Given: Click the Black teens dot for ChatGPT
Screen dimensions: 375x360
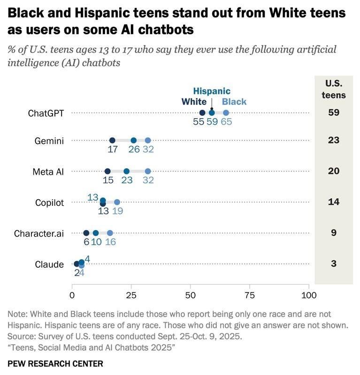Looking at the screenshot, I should coord(226,113).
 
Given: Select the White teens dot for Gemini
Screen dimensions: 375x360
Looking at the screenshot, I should coord(112,140).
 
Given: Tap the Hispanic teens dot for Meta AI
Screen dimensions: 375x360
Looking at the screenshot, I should coord(126,172).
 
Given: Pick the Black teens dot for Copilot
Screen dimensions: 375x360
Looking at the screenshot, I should coord(117,202).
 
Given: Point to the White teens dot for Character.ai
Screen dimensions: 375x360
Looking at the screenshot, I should coord(86,233).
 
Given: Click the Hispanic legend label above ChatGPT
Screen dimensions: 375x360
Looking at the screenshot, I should coord(212,91).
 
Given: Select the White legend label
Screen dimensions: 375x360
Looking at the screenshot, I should coord(194,102).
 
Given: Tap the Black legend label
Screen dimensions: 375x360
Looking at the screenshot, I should coord(234,102).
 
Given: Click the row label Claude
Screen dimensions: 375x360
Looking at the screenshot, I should coord(49,264).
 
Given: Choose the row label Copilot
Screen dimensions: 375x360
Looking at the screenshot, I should coord(49,203).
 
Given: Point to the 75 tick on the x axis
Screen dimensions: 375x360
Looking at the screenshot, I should coord(250,295).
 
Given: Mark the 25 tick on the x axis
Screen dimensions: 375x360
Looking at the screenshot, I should coord(131,295).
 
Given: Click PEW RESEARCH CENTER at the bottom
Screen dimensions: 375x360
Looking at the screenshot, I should coord(55,364).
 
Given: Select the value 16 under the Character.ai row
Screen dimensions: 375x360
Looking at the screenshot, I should coord(110,242).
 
